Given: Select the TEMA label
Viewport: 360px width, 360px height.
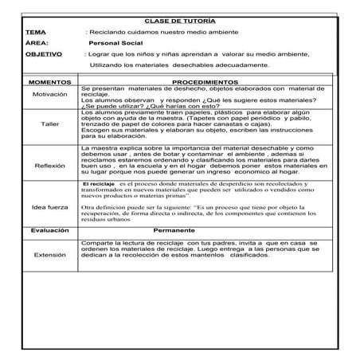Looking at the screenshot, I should (35, 31).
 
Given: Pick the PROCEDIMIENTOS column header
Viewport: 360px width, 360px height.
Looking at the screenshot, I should (205, 82).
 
